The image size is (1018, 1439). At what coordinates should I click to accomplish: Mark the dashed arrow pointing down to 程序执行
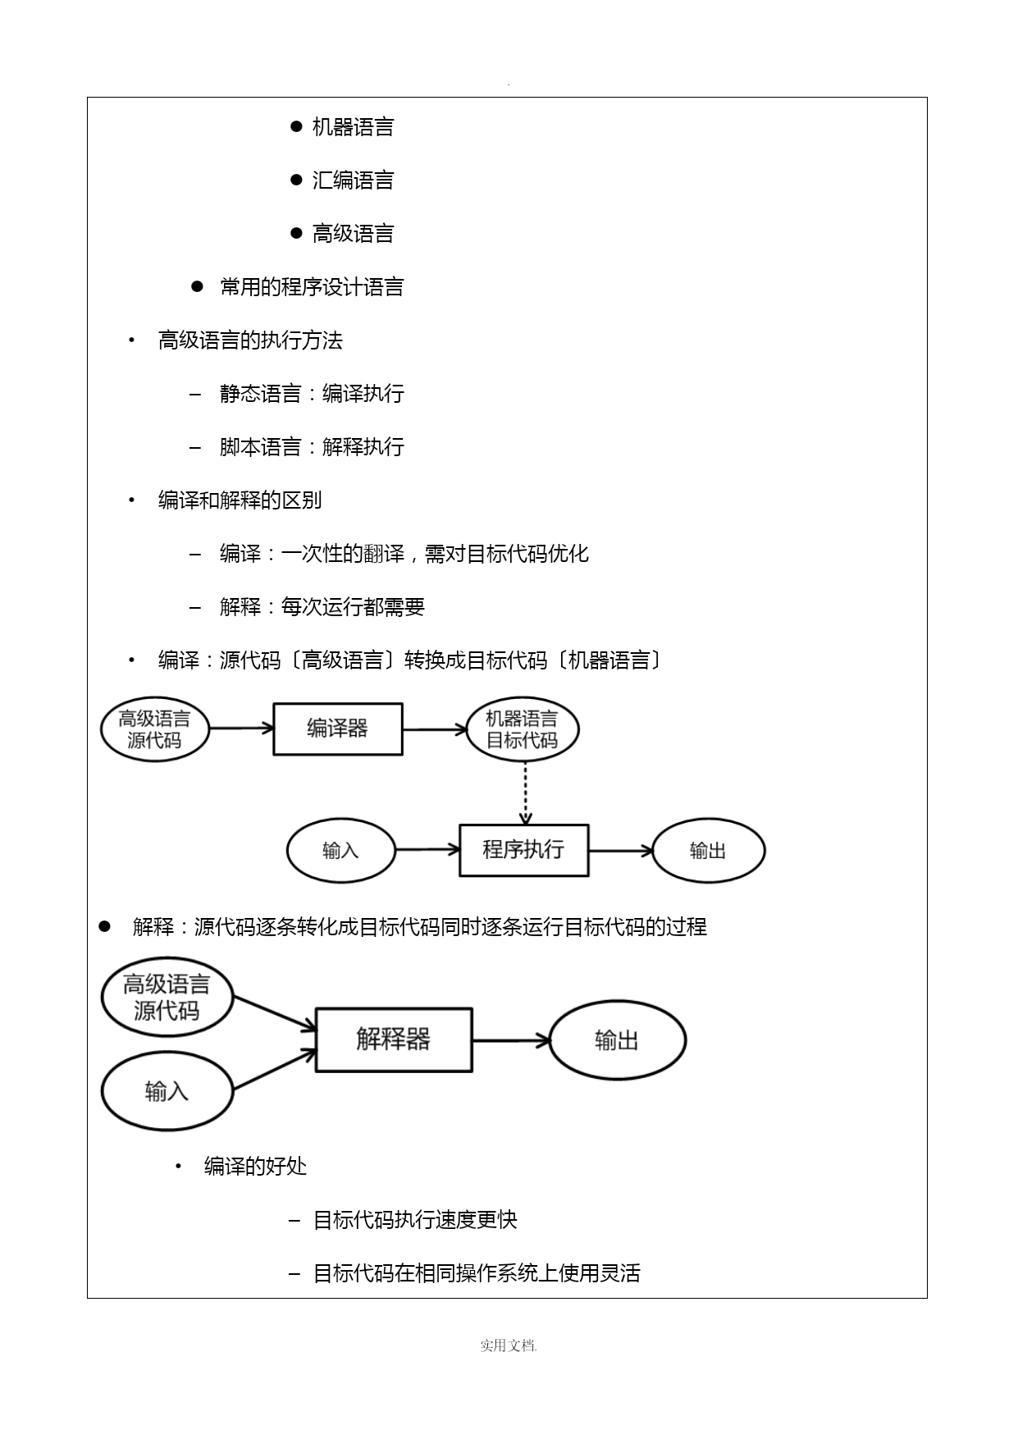coord(525,793)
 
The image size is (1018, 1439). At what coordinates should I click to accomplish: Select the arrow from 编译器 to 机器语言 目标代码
coord(435,729)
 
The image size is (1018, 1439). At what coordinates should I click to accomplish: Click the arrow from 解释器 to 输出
coord(511,1040)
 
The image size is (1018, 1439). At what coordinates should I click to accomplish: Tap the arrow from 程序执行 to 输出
coord(621,851)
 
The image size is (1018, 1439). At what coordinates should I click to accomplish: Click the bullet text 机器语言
coord(353,127)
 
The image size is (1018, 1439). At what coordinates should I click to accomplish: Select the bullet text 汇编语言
coord(353,180)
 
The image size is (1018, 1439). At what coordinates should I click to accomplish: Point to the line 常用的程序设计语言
coord(312,287)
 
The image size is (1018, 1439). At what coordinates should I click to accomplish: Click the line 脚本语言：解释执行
coord(312,447)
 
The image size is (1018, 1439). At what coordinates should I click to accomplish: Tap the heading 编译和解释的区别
coord(240,500)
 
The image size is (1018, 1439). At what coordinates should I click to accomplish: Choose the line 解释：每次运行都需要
coord(322,607)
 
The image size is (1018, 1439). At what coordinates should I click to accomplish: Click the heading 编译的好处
coord(255,1166)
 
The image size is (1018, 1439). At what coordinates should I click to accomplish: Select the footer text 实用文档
coord(508,1345)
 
